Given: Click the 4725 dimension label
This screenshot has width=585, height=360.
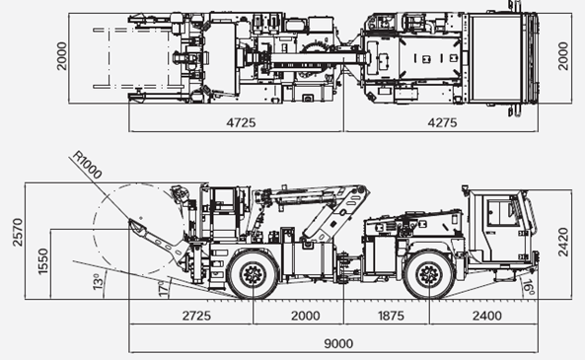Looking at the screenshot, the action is coord(241,122).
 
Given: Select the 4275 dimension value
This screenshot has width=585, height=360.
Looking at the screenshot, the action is coord(442,122).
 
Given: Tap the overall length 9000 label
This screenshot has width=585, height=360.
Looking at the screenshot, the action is coord(338,343).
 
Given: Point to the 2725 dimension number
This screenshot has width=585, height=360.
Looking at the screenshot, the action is coord(196,316).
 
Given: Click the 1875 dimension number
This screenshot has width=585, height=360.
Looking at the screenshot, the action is coord(391,316).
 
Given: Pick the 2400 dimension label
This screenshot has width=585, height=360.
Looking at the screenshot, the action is coord(487,316).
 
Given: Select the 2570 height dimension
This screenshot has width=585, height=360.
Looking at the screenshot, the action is coord(18,232).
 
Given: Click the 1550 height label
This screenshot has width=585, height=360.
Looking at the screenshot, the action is coord(43,261).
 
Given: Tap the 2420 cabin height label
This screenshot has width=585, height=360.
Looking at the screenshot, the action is coord(563,242).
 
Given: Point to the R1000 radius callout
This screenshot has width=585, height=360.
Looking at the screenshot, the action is coord(87,165).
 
